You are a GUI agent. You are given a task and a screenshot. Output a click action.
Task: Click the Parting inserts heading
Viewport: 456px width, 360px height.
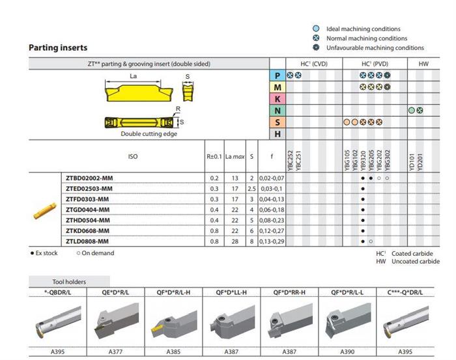[58, 48]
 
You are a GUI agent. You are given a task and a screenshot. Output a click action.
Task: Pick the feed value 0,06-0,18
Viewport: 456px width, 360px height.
[272, 209]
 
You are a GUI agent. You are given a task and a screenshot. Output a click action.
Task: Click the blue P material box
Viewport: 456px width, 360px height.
[278, 76]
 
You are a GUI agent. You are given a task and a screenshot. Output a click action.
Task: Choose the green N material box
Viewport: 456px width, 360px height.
[278, 111]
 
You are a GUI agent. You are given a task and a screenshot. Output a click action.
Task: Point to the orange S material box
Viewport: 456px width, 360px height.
[278, 122]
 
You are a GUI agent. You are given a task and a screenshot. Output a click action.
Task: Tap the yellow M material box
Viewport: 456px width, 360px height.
[278, 87]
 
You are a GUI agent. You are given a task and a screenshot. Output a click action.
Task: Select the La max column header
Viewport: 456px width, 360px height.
[235, 157]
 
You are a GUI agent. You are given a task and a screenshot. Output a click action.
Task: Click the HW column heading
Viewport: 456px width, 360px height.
[423, 63]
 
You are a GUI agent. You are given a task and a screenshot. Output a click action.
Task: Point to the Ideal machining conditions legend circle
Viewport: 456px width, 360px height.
[315, 29]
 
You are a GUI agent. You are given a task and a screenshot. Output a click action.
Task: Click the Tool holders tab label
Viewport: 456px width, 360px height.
[69, 282]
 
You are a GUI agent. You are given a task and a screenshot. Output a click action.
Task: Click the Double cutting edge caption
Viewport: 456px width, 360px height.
[149, 133]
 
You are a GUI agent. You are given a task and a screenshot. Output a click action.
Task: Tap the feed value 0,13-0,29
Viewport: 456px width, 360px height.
[272, 241]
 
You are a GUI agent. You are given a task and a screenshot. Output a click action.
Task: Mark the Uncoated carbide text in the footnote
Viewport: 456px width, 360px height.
[415, 261]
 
